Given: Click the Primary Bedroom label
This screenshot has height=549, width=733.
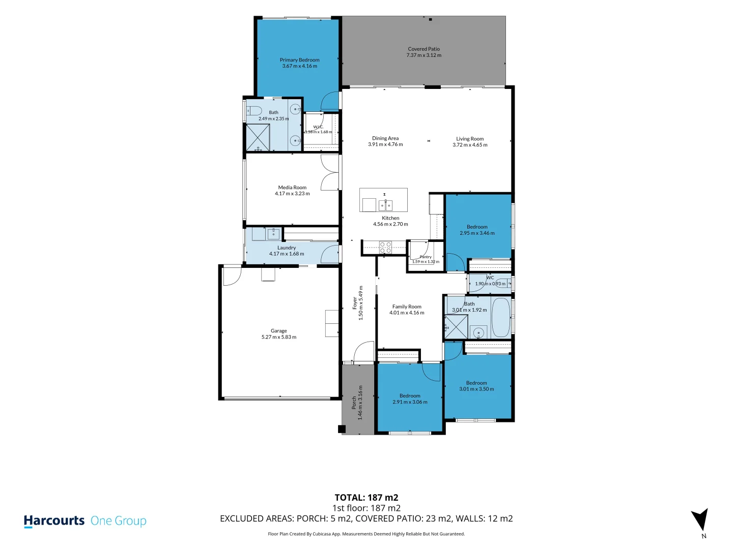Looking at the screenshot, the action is tap(299, 60).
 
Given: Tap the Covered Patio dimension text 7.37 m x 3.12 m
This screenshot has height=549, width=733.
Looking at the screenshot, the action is tap(424, 55).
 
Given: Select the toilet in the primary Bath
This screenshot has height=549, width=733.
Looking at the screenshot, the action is tap(254, 110).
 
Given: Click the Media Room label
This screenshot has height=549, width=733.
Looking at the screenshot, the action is tap(292, 188).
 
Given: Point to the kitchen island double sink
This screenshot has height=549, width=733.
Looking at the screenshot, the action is tap(385, 205).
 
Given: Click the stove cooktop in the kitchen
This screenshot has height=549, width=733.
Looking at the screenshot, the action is tap(385, 248).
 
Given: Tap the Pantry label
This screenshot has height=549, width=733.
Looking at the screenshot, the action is tap(426, 257).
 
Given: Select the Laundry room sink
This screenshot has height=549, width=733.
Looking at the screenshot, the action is tap(273, 234).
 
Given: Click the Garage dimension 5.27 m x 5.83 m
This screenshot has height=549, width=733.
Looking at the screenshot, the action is tap(279, 337).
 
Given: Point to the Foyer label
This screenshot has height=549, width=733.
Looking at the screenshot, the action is tap(355, 303).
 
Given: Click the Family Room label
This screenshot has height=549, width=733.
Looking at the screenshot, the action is tap(407, 307).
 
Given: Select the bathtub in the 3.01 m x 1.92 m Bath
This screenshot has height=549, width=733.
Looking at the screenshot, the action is tap(500, 317).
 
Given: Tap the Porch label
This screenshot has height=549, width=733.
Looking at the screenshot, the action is tap(354, 403).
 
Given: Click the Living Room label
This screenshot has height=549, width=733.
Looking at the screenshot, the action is tap(470, 139).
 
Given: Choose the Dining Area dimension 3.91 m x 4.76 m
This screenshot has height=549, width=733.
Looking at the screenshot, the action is tap(385, 145).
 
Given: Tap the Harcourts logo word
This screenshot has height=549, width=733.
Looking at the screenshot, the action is tap(54, 521).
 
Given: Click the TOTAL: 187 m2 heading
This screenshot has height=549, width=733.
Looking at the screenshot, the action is tap(366, 497).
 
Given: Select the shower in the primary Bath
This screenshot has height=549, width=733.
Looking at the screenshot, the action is tap(258, 137).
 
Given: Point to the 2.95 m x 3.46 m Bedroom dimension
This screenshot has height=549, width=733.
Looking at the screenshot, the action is tap(477, 233).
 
